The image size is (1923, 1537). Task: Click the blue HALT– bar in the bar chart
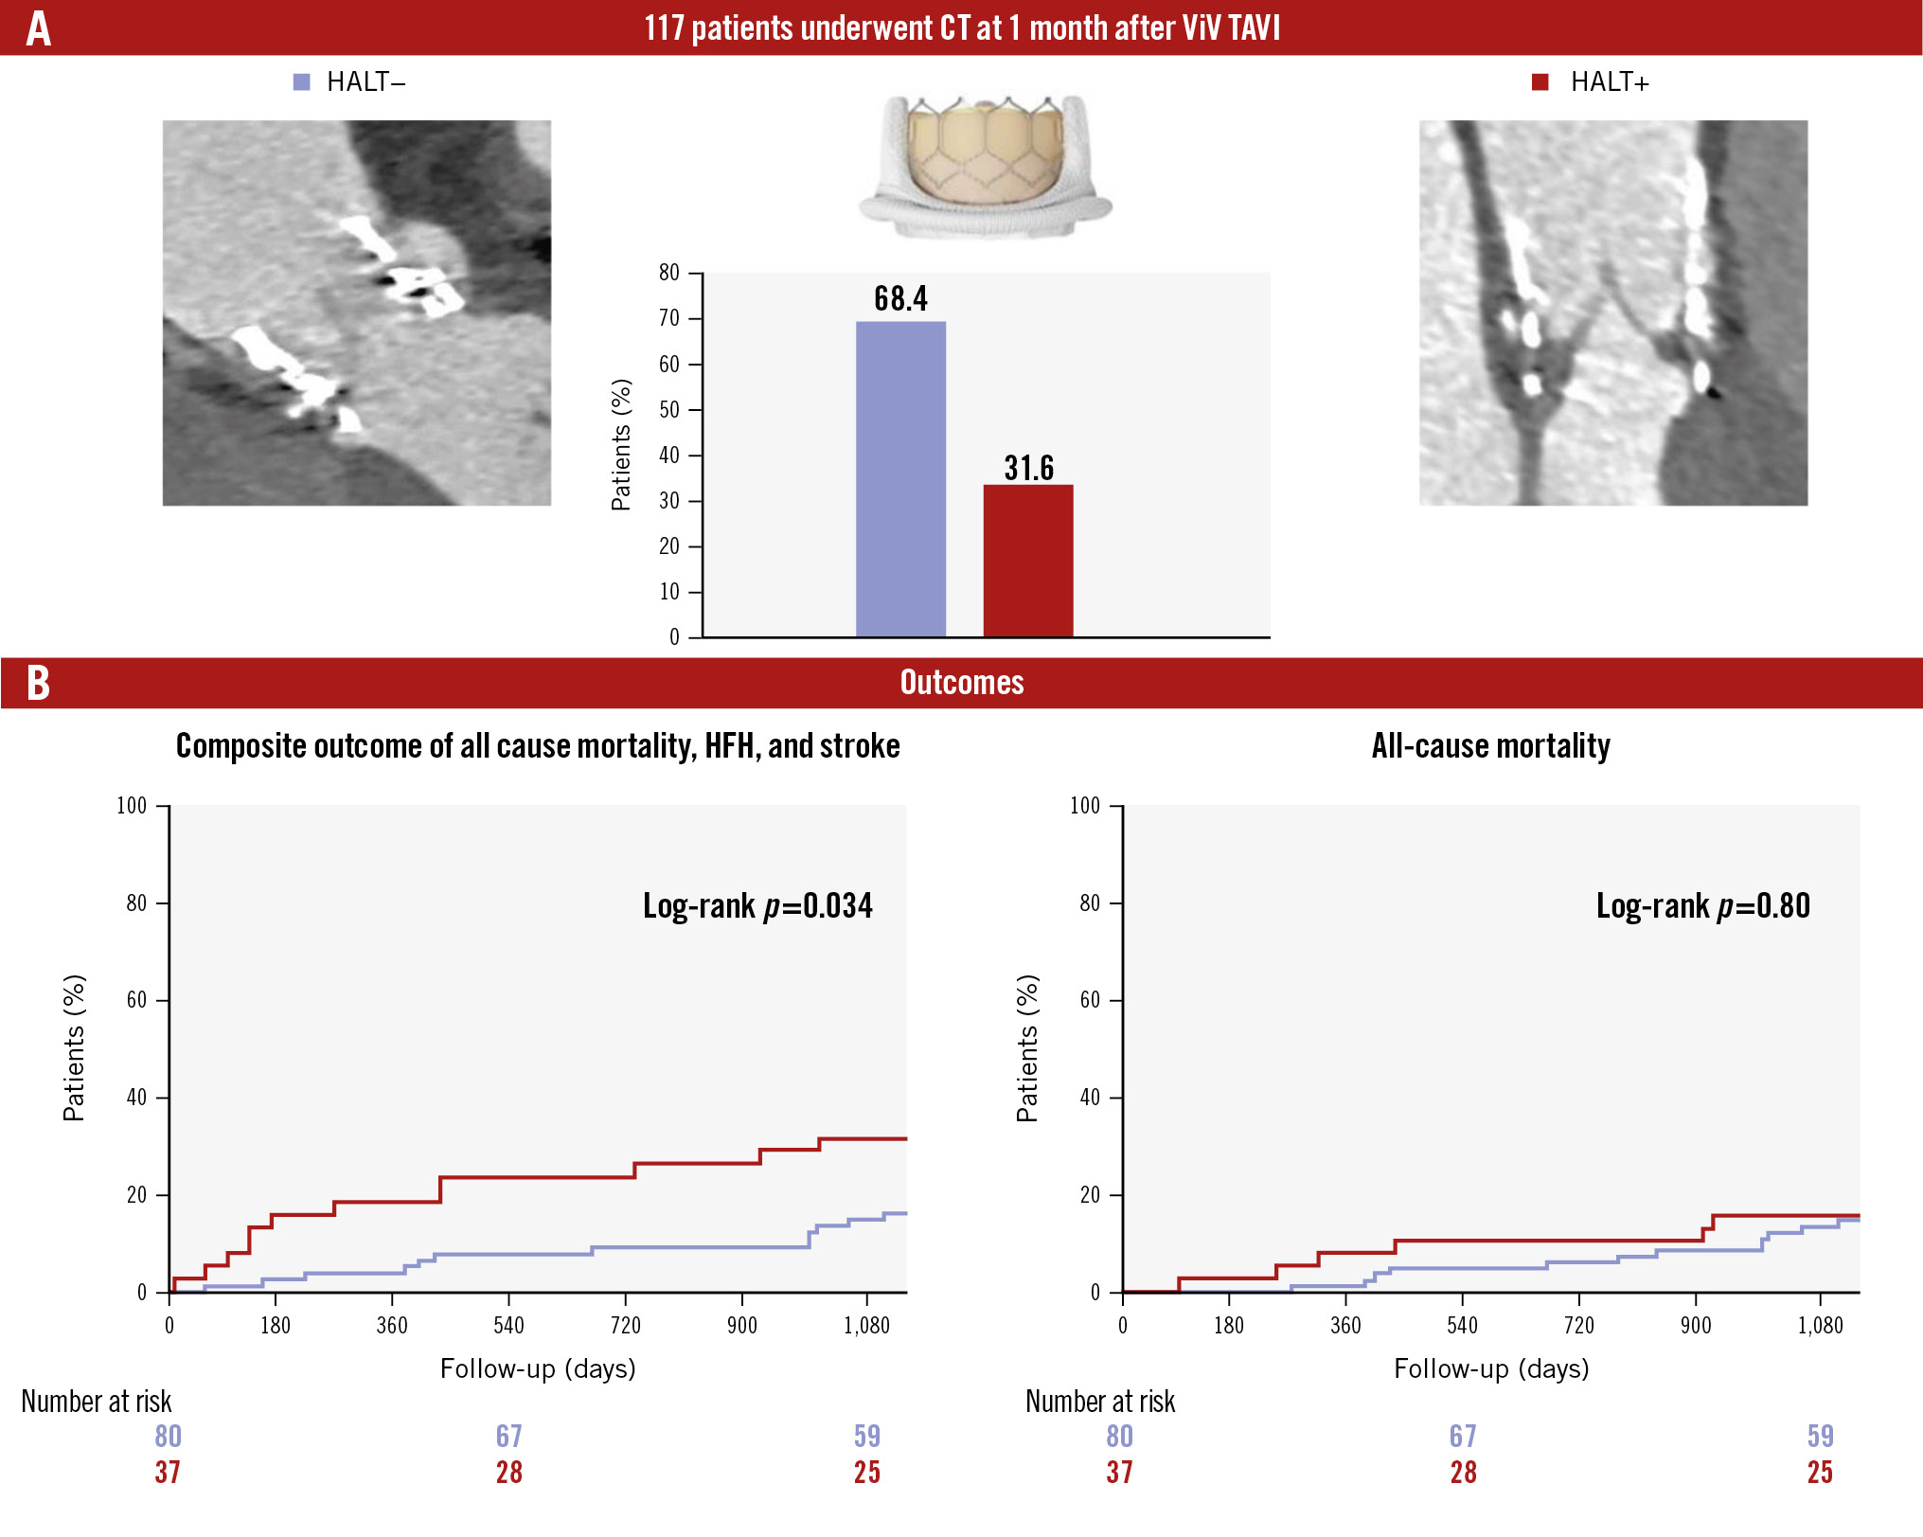click(x=900, y=478)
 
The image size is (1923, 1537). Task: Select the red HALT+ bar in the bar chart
click(x=1027, y=560)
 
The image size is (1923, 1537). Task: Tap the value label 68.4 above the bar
click(x=900, y=299)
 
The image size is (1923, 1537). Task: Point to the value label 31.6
click(x=1028, y=468)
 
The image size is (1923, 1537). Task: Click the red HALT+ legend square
click(x=1540, y=82)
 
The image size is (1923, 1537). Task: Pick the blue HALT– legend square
click(x=301, y=82)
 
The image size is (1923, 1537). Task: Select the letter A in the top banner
click(x=38, y=28)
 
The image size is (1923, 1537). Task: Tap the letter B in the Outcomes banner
click(x=38, y=683)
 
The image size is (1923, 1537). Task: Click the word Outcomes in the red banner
click(x=961, y=683)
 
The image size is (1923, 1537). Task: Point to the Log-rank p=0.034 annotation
click(x=757, y=906)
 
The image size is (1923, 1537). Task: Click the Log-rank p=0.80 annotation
click(x=1702, y=906)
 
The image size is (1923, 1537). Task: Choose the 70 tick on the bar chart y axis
click(x=669, y=318)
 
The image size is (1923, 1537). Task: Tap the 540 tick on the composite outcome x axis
click(x=508, y=1325)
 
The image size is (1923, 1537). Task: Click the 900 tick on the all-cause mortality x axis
click(x=1695, y=1325)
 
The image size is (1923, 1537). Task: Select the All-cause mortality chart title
click(x=1490, y=746)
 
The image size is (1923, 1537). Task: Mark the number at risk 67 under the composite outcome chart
click(x=508, y=1437)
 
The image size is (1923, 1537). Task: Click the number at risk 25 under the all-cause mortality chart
click(x=1819, y=1473)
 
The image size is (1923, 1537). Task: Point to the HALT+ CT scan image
click(x=1612, y=313)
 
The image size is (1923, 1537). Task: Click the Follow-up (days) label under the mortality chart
click(x=1490, y=1368)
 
